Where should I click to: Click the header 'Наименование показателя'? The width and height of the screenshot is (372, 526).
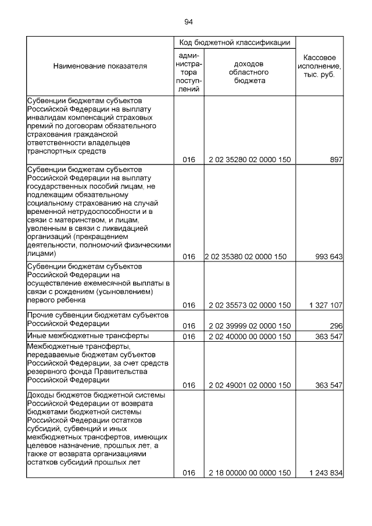point(100,66)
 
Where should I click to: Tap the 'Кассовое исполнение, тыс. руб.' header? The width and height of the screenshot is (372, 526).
point(320,66)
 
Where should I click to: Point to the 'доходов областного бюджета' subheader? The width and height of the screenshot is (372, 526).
point(249,72)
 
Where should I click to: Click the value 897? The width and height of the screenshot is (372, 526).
point(335,160)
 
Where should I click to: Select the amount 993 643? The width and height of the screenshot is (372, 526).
point(328,256)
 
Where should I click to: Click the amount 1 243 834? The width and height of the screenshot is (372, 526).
point(326,473)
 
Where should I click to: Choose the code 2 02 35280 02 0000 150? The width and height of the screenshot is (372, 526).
point(249,160)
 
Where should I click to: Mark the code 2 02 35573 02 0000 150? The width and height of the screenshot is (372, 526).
point(249,305)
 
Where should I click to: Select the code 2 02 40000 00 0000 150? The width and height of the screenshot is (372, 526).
point(249,336)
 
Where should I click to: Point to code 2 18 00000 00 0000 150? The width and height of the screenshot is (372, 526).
point(249,473)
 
